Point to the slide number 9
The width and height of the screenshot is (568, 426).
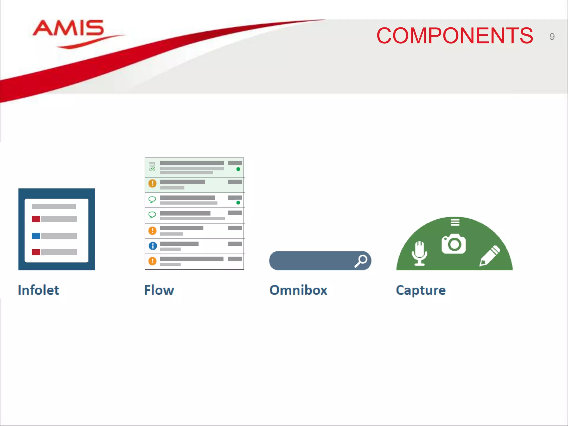[x=552, y=37]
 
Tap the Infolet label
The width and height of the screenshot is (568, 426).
[x=39, y=290]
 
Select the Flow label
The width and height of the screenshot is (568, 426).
[x=159, y=290]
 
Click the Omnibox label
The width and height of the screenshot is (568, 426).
[x=298, y=290]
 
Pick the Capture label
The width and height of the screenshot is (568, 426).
[x=421, y=290]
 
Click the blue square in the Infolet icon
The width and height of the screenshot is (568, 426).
[x=36, y=236]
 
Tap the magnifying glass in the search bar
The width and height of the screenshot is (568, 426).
[x=361, y=261]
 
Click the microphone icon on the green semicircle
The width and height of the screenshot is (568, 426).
[x=419, y=253]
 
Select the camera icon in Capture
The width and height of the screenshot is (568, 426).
[x=454, y=244]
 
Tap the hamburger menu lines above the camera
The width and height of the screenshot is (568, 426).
[x=455, y=222]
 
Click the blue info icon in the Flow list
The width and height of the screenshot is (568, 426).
[x=153, y=246]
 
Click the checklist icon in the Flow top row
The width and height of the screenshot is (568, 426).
[x=152, y=166]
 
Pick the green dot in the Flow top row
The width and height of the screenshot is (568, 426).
[x=238, y=169]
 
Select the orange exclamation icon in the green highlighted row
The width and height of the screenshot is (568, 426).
[x=152, y=183]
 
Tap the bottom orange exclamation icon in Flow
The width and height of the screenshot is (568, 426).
[x=152, y=261]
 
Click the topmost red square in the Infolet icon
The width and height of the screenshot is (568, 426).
[x=36, y=219]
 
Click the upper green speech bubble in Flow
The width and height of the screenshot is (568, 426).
[x=152, y=199]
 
